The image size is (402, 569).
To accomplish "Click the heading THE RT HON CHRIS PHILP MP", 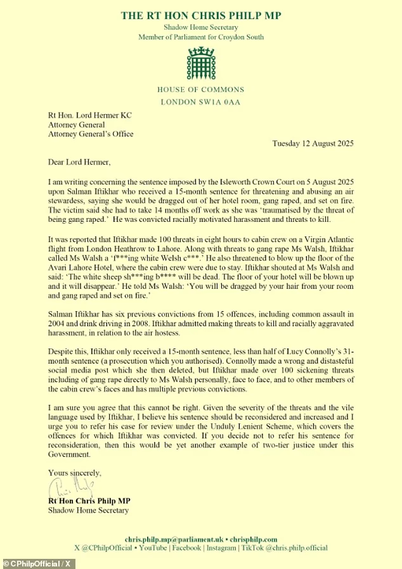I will click(201, 15).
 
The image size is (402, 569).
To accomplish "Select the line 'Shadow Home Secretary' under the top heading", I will click(201, 27).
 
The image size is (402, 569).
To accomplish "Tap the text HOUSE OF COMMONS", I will click(201, 90).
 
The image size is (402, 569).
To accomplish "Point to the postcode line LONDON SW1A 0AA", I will click(201, 101).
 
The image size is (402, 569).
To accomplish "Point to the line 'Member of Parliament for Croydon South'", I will click(201, 37).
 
